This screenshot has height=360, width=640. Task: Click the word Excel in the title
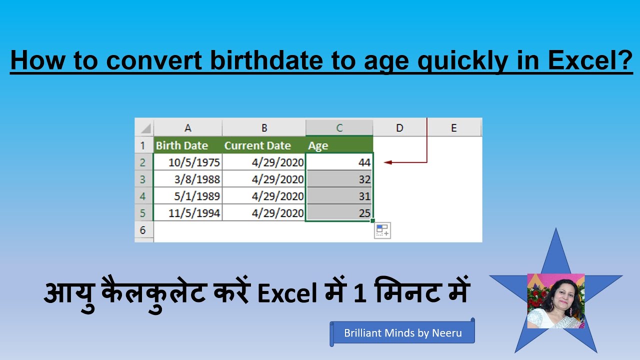point(590,60)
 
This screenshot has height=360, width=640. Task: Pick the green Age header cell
point(339,145)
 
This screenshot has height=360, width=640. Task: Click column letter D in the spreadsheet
point(399,128)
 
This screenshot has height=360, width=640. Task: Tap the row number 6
point(143,230)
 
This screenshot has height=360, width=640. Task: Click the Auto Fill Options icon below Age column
point(382,230)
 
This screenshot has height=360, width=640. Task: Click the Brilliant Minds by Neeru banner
point(402,333)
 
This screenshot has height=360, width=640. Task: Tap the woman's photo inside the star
point(555,300)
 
